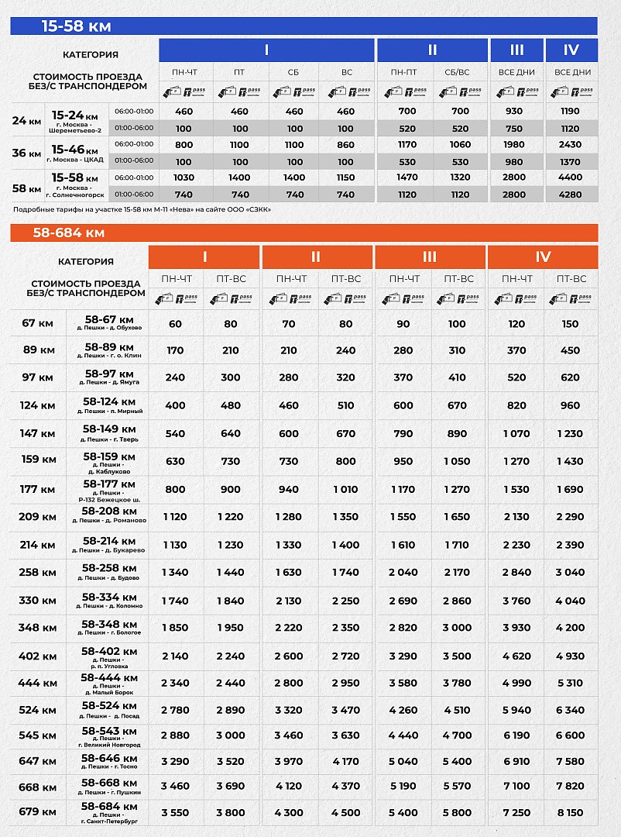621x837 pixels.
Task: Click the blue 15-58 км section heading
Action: point(76,26)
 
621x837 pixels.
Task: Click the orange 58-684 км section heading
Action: point(69,232)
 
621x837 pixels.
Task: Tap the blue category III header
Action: point(516,50)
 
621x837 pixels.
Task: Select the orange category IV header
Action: point(543,257)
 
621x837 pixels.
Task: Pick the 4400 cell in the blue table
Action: point(571,177)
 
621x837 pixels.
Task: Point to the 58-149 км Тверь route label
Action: point(109,432)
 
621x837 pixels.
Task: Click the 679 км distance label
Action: point(38,812)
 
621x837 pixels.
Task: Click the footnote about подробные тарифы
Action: point(142,209)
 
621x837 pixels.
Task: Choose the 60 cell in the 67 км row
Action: point(175,325)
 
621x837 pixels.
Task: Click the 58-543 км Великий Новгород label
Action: point(109,734)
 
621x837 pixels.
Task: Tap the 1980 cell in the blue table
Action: point(516,145)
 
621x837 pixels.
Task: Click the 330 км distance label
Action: point(38,601)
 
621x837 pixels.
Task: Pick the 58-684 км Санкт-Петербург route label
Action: point(109,813)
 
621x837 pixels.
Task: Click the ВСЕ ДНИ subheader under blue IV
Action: point(572,72)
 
